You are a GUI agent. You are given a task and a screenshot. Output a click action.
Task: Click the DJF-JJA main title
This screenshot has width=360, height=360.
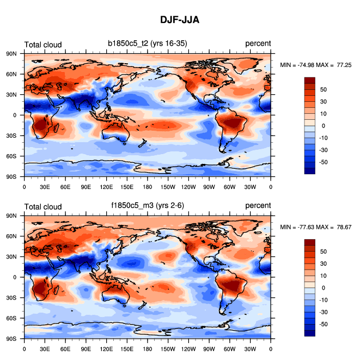[179, 20]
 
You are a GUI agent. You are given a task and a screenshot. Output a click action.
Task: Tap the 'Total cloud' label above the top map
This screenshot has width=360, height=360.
[42, 45]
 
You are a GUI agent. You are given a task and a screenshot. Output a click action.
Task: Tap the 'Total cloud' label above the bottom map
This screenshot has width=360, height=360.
[42, 206]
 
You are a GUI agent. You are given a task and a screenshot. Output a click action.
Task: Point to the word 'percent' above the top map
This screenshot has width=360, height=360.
[258, 44]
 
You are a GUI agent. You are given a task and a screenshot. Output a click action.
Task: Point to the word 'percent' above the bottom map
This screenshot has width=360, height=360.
[258, 206]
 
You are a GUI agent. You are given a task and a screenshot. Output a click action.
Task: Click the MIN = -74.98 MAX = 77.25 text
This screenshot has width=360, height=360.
[315, 65]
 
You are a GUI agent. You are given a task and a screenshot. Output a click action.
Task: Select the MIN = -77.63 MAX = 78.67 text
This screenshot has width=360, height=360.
[315, 227]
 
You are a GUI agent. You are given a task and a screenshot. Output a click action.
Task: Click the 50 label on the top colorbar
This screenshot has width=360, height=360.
[324, 89]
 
